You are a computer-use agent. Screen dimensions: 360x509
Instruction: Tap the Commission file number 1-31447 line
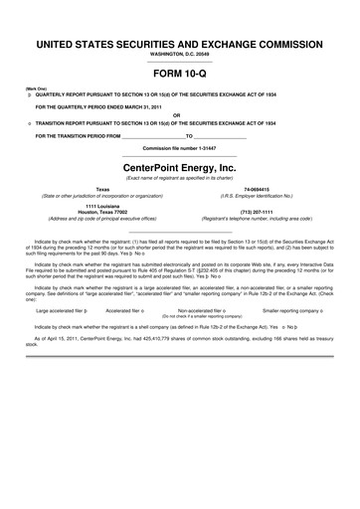click(x=179, y=148)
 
